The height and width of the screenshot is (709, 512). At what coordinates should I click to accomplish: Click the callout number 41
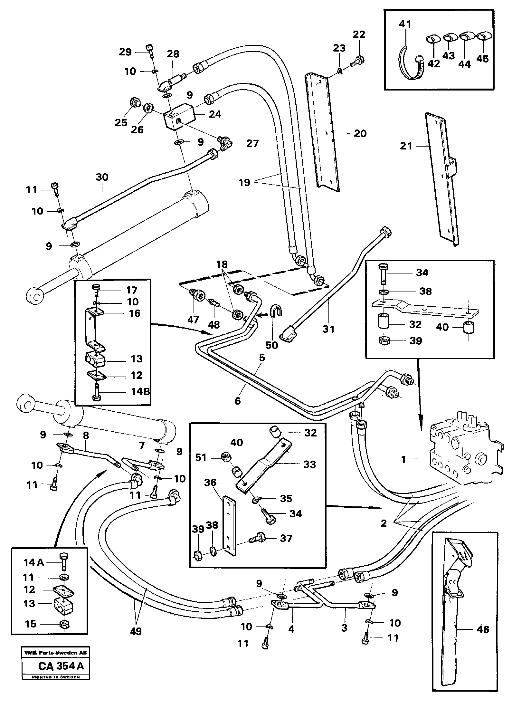pyautogui.click(x=405, y=24)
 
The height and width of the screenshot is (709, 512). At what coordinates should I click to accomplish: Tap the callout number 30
pyautogui.click(x=102, y=177)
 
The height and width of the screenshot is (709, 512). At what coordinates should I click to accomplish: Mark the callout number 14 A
pyautogui.click(x=33, y=562)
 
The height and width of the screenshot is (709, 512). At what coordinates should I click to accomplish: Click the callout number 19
pyautogui.click(x=244, y=182)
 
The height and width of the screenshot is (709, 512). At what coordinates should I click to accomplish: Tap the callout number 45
pyautogui.click(x=482, y=59)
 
